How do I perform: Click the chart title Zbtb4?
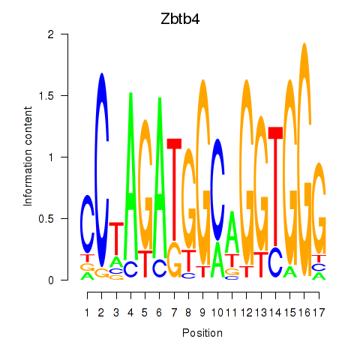tap(180, 19)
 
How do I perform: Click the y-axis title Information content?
tap(28, 157)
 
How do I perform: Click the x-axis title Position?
tap(202, 333)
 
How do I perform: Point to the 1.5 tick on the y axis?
tap(64, 95)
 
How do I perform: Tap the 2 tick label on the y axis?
tap(51, 34)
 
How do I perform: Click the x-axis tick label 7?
tap(174, 313)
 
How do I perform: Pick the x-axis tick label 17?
tap(319, 313)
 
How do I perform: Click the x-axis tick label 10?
tap(217, 313)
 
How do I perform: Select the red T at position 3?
tap(116, 238)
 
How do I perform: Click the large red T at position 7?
tap(174, 189)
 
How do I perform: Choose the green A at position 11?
tap(232, 232)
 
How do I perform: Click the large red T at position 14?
tap(275, 187)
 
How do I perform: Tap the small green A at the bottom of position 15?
tap(290, 271)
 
